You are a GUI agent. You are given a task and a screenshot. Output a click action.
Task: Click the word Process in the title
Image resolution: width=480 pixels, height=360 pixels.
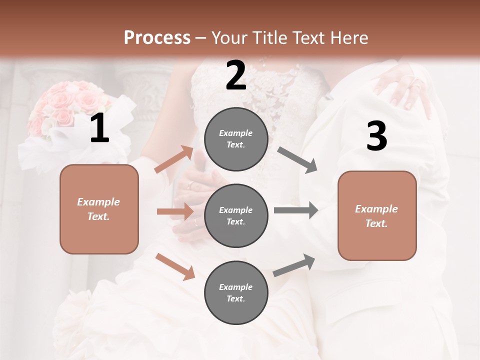[157, 38]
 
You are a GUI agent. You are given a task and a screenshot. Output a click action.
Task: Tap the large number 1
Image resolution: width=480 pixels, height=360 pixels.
[99, 129]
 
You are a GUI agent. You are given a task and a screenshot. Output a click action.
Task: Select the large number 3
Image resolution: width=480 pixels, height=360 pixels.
[376, 137]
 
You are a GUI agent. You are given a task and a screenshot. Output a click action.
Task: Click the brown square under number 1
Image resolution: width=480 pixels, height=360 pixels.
[99, 209]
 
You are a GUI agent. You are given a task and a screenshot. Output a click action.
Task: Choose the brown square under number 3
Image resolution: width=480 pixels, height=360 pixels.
[377, 215]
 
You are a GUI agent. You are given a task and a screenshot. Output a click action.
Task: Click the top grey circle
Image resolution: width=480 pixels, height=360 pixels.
[236, 139]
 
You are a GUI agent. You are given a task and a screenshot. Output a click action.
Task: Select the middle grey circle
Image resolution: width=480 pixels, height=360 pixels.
[236, 215]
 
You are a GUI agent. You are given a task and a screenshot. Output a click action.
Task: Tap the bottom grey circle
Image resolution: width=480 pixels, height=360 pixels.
[236, 292]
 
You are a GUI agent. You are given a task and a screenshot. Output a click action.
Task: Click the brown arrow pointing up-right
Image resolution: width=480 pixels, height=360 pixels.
[174, 159]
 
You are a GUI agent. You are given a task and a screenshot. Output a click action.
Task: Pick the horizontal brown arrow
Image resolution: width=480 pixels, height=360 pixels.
[175, 211]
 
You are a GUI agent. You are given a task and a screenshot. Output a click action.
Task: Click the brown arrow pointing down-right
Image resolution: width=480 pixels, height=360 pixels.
[175, 266]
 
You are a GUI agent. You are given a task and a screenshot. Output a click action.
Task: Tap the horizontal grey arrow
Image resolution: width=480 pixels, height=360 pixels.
[295, 210]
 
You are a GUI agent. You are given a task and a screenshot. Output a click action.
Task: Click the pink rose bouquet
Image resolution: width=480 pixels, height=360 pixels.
[70, 107]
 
